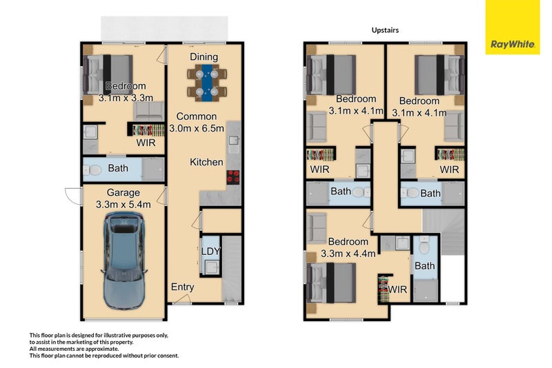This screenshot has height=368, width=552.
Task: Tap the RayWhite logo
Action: coord(513,44)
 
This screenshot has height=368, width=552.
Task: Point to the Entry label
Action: coord(183,287)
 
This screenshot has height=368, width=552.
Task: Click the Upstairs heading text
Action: coord(384,30)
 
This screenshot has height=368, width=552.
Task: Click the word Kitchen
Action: coord(207,162)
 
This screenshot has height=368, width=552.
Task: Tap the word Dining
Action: coord(204,57)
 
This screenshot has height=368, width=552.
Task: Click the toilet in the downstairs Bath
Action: coord(96,170)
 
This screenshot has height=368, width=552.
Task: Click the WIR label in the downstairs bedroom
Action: coord(146,143)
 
